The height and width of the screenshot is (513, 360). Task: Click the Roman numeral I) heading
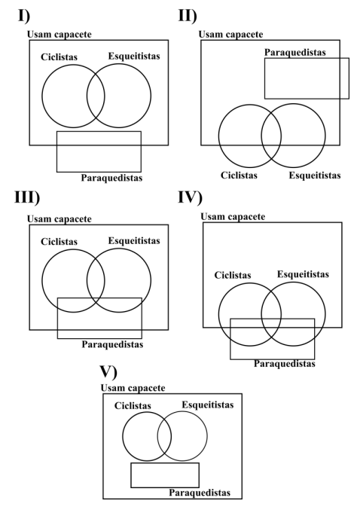[x=24, y=16]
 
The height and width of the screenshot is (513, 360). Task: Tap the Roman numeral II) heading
[x=188, y=16]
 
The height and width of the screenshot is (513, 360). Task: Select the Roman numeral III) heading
[x=27, y=197]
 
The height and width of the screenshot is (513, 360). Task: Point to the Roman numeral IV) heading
[x=191, y=197]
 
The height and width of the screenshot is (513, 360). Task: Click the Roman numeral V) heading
[x=108, y=371]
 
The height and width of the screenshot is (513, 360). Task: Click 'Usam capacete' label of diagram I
[x=59, y=35]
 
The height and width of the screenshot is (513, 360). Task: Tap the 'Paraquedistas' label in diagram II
[x=295, y=52]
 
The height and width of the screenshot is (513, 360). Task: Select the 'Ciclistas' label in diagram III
[x=59, y=242]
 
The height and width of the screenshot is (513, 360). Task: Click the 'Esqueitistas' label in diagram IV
[x=303, y=274]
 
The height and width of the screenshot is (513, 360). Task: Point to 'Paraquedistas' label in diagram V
[x=200, y=493]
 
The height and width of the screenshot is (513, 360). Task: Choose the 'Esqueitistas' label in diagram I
[x=134, y=56]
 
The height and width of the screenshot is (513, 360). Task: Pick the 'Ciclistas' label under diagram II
[x=239, y=175]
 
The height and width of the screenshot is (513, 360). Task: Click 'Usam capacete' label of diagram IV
[x=233, y=217]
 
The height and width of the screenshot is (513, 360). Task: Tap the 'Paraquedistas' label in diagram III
[x=112, y=344]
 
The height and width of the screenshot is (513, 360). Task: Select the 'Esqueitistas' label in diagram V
[x=208, y=405]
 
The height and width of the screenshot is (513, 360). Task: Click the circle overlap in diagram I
[x=96, y=96]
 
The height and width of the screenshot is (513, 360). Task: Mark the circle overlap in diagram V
[x=164, y=436]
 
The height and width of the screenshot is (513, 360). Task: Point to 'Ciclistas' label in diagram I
[x=59, y=57]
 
